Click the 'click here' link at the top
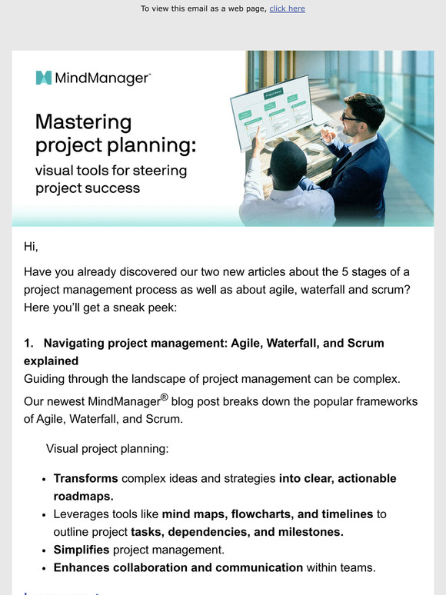coord(287,8)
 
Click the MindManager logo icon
coord(44,78)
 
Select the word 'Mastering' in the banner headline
coord(84,122)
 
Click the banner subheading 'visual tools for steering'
coord(111,170)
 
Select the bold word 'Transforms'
coord(85,478)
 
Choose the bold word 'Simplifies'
coord(82,549)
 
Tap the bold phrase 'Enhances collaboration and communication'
coord(178,567)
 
